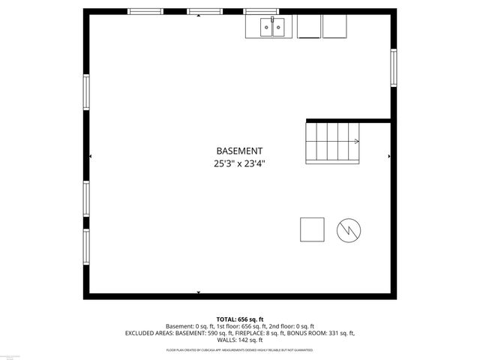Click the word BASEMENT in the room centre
pyautogui.click(x=239, y=151)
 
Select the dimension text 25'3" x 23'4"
pyautogui.click(x=239, y=163)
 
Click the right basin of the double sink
pyautogui.click(x=279, y=28)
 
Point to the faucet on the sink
pyautogui.click(x=273, y=20)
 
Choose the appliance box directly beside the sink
pyautogui.click(x=308, y=27)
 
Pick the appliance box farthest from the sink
pyautogui.click(x=334, y=27)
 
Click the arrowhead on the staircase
pyautogui.click(x=357, y=140)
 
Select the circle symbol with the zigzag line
pyautogui.click(x=349, y=229)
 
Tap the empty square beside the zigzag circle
pyautogui.click(x=312, y=229)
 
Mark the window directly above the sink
pyautogui.click(x=262, y=11)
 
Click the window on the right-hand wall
pyautogui.click(x=393, y=67)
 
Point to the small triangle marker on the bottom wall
pyautogui.click(x=199, y=292)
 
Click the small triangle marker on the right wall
pyautogui.click(x=388, y=156)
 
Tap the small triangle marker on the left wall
pyautogui.click(x=91, y=156)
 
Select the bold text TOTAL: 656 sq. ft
pyautogui.click(x=240, y=319)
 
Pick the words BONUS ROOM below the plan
pyautogui.click(x=303, y=333)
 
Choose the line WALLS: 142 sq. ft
pyautogui.click(x=240, y=340)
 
